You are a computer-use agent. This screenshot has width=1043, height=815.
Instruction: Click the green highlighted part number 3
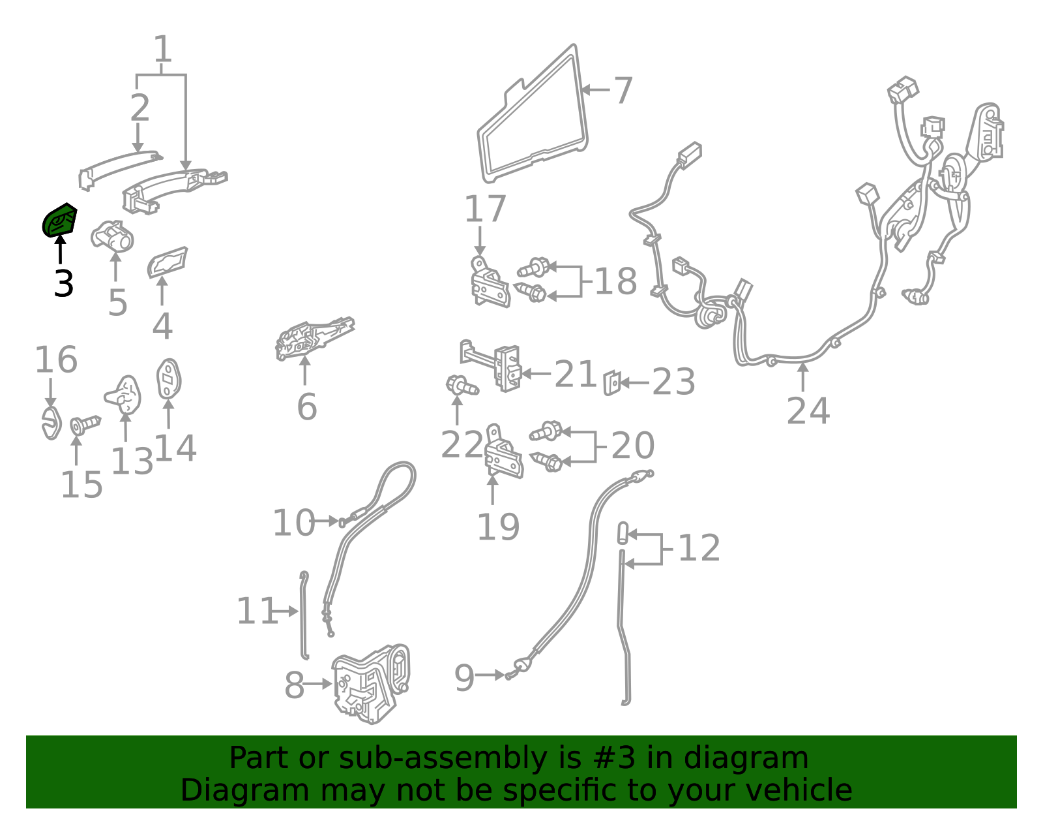pos(59,221)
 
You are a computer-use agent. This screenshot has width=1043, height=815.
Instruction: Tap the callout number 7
pos(623,90)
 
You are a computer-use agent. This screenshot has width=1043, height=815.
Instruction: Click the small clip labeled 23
pos(612,383)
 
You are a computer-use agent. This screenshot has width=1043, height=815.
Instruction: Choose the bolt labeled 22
pos(462,386)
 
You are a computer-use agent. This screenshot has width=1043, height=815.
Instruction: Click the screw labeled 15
pos(85,424)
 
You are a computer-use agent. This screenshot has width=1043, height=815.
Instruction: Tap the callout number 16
pos(56,360)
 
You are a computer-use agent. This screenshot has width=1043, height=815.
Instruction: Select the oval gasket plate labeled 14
pos(168,378)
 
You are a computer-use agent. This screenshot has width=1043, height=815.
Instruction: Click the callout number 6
pos(307,407)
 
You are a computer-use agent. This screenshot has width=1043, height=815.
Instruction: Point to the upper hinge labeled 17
pos(490,283)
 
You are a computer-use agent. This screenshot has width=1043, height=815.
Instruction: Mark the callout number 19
pos(498,527)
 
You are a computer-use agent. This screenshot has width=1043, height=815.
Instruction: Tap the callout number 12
pos(699,548)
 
